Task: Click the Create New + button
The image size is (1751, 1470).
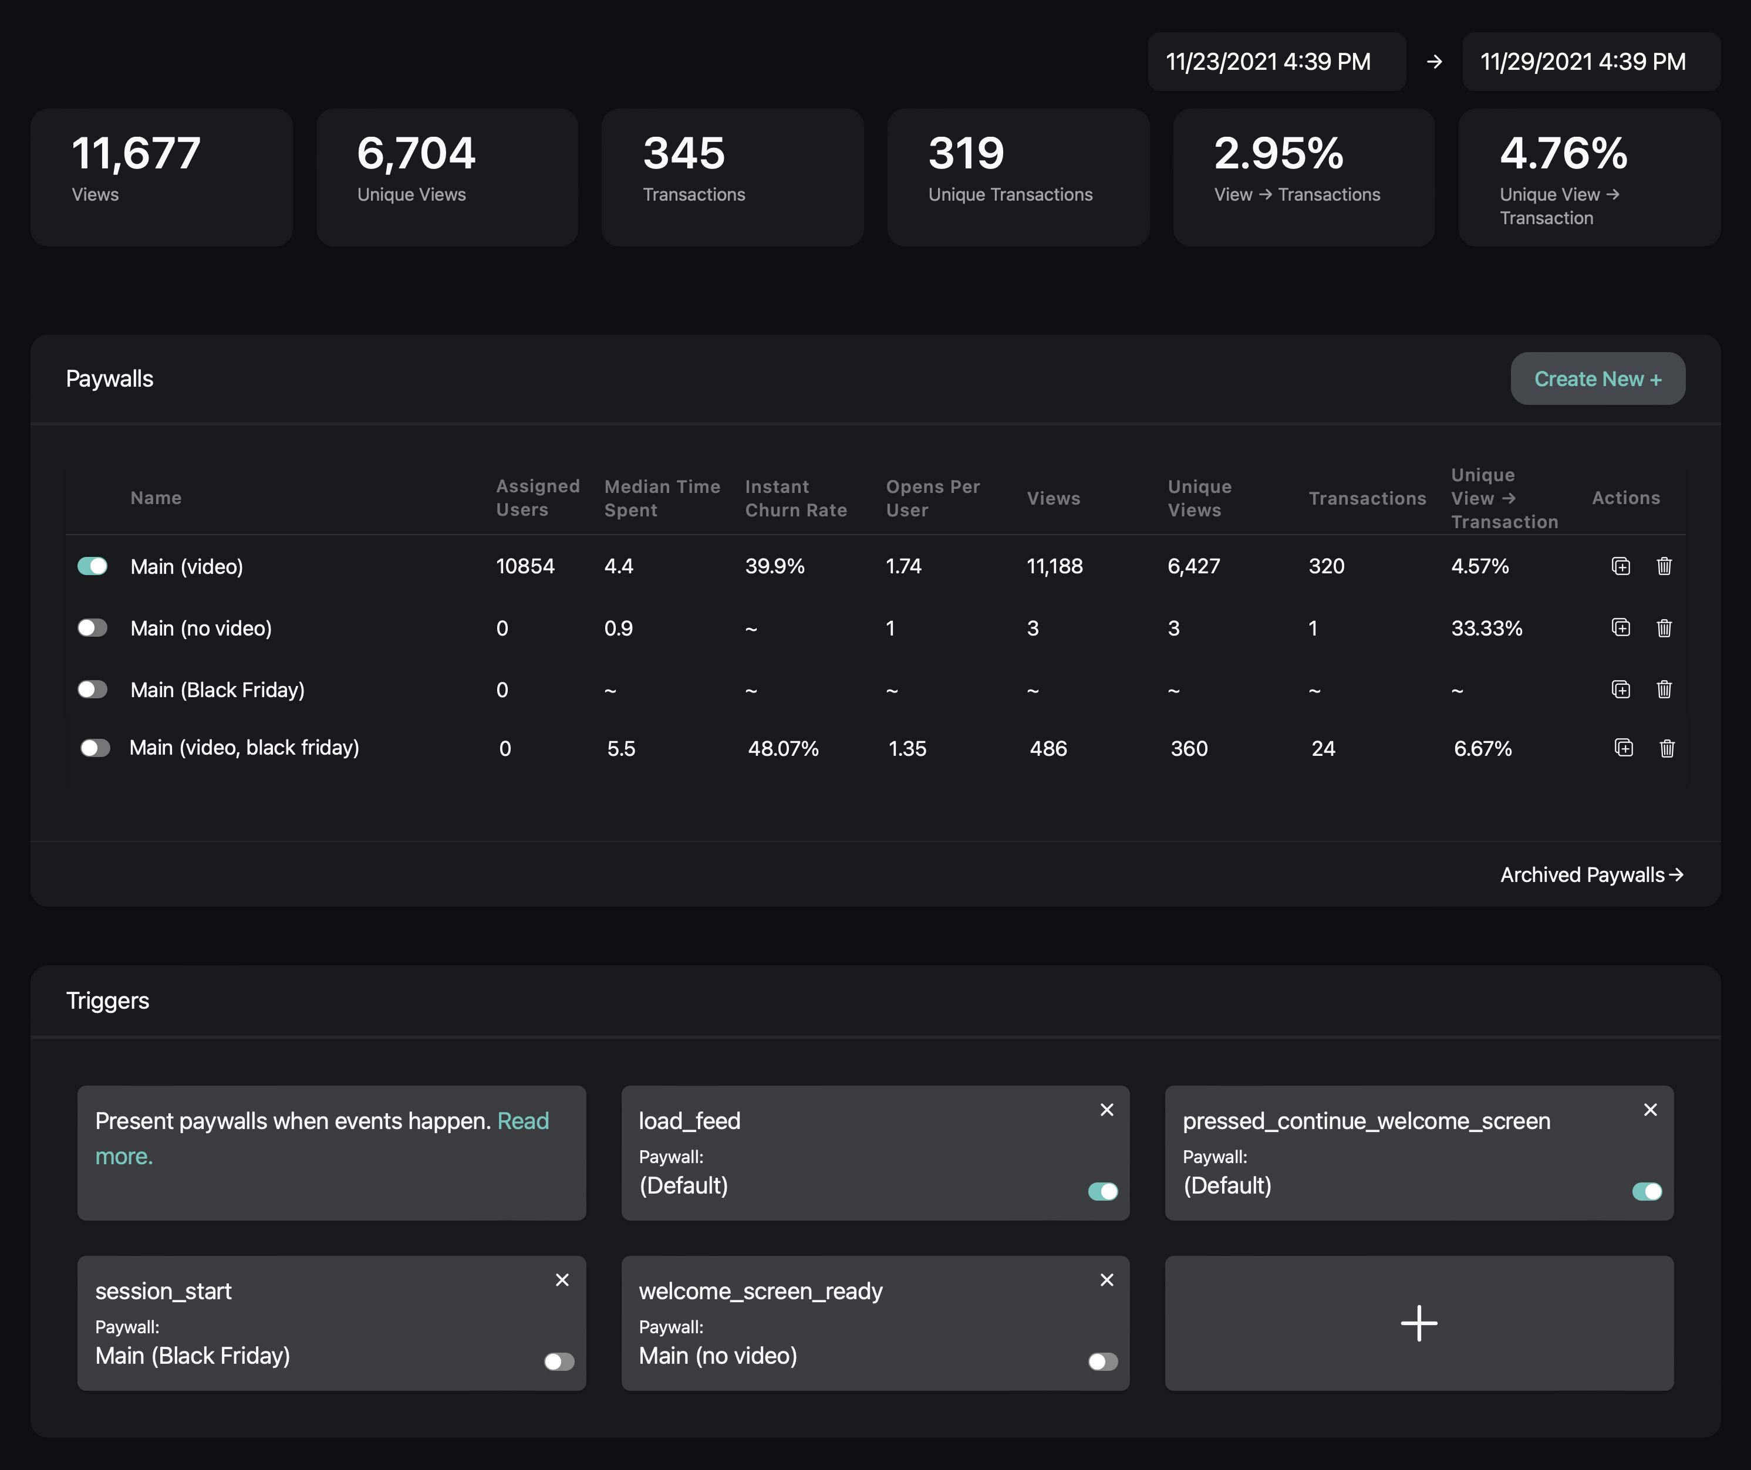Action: click(1597, 379)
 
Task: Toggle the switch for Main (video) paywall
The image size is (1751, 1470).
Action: click(93, 566)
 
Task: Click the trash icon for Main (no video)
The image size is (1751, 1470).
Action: click(1664, 628)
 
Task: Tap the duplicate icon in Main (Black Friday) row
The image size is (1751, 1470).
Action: click(1620, 690)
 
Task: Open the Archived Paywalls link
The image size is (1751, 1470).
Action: click(1591, 874)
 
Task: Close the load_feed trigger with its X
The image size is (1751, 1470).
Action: click(1106, 1110)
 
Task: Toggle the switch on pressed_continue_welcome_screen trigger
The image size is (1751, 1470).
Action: click(1646, 1191)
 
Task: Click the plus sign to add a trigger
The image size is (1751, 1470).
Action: click(1418, 1323)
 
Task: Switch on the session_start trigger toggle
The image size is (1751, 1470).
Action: click(559, 1361)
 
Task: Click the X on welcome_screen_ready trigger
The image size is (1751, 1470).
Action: click(1106, 1280)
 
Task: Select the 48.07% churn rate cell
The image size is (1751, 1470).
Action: click(783, 749)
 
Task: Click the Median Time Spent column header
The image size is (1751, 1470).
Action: click(662, 498)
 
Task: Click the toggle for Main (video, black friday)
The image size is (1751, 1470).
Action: click(95, 748)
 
